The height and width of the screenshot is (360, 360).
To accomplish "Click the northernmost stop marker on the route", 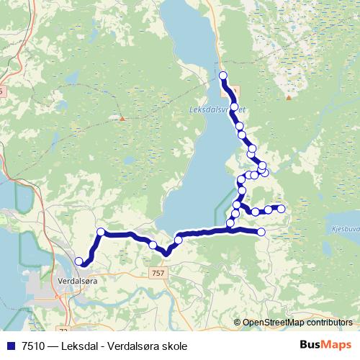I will coord(222,76).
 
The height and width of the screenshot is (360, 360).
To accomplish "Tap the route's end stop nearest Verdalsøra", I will coord(78,261).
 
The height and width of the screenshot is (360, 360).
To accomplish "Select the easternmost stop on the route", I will coord(282,209).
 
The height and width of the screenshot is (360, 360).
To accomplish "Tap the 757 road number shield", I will coord(160,273).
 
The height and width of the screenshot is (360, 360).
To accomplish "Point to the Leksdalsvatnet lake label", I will coord(216,109).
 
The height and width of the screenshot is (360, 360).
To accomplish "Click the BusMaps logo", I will coord(325,346).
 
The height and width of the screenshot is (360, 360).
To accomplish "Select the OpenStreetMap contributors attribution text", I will coord(297,323).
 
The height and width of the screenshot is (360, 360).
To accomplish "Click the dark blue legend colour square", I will coord(9,346).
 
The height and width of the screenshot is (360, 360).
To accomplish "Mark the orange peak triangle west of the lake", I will coord(122,117).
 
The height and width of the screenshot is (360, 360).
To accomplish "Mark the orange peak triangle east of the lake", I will coord(288,97).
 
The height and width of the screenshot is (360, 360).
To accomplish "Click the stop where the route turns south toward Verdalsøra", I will coord(101,232).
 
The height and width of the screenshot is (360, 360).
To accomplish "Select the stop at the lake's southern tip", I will coord(179,240).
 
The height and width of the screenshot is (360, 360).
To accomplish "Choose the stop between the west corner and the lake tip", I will coord(153,246).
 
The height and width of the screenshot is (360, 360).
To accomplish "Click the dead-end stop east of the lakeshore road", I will coord(261,231).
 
